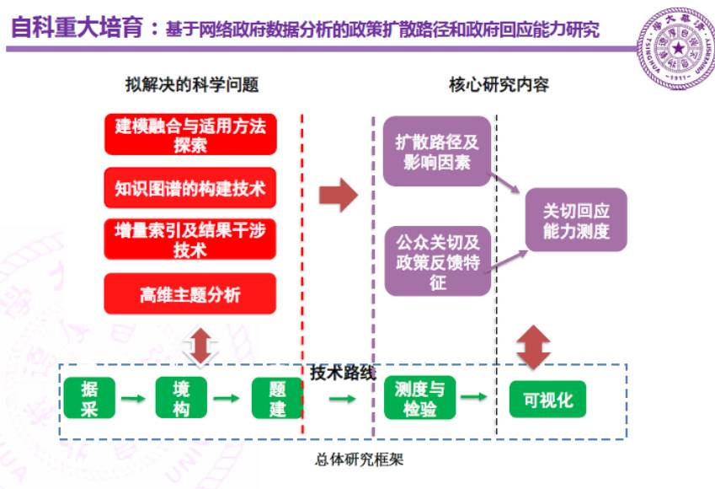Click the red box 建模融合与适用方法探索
click(x=190, y=135)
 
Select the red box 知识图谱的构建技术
click(x=190, y=188)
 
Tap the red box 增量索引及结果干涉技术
click(x=190, y=239)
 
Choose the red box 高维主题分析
click(x=190, y=294)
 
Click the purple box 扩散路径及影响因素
click(x=436, y=153)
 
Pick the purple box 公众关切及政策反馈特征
click(x=437, y=260)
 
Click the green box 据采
click(x=89, y=398)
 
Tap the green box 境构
click(x=182, y=398)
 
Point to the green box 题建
click(x=277, y=398)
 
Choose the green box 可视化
click(x=547, y=399)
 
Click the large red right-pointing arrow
click(x=338, y=196)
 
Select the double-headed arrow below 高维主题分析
click(x=200, y=346)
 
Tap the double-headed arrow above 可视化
click(x=533, y=347)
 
